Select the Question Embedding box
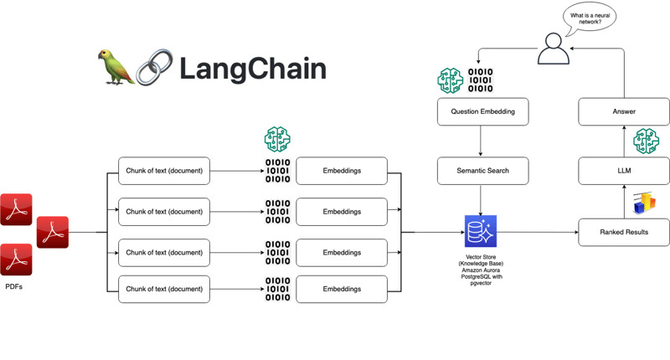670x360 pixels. click(x=482, y=111)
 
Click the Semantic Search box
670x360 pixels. click(x=482, y=171)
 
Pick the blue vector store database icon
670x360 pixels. click(x=481, y=231)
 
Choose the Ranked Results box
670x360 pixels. click(x=624, y=232)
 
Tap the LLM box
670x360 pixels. click(x=624, y=171)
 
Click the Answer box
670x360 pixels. click(x=624, y=111)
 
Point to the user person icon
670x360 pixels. click(x=554, y=49)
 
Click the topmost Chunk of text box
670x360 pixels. click(x=164, y=171)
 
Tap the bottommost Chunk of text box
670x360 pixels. click(x=164, y=289)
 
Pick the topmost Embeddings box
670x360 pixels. click(x=342, y=171)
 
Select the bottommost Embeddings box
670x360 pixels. click(x=342, y=289)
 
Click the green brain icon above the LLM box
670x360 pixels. click(x=646, y=141)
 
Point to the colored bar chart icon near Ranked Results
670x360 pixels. click(x=644, y=203)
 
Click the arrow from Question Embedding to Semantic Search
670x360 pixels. click(x=481, y=141)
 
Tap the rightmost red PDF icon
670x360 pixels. click(x=52, y=232)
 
